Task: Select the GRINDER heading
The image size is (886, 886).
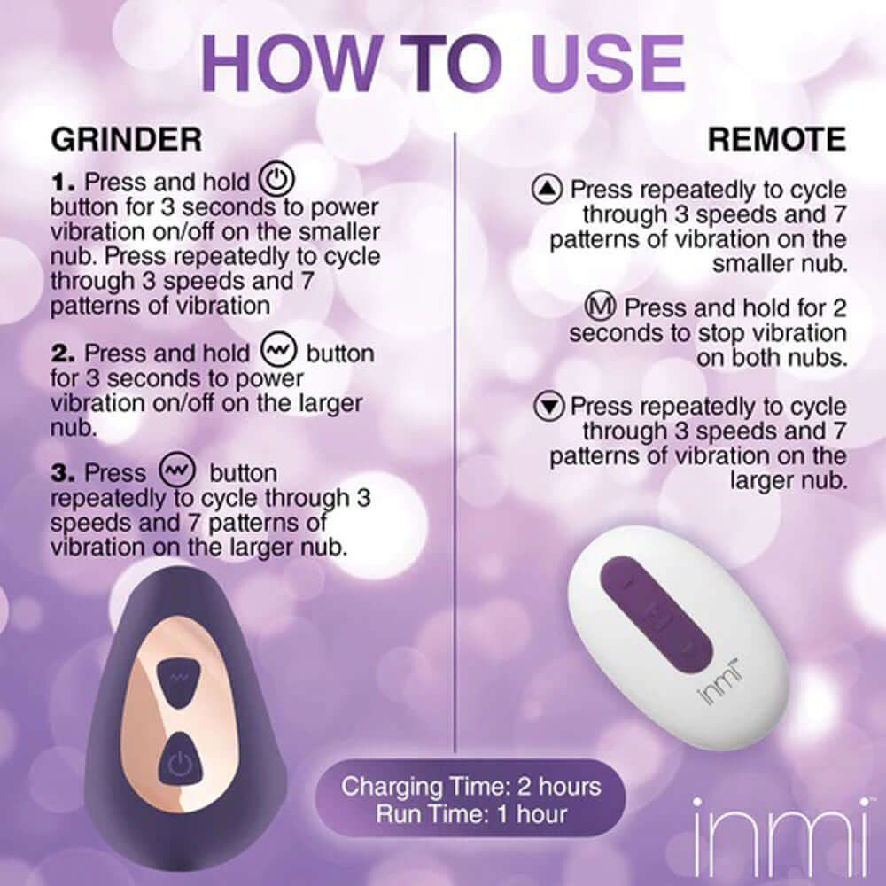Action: (126, 139)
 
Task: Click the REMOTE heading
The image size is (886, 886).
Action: (777, 139)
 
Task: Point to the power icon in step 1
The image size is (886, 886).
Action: (276, 182)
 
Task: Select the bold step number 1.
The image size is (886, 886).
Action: (65, 183)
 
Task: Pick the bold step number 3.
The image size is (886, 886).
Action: (65, 473)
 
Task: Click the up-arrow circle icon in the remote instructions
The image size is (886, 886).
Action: (548, 189)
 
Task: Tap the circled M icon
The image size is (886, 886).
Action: (601, 307)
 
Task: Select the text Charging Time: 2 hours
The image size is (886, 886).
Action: (470, 786)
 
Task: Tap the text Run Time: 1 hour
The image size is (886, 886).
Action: (470, 813)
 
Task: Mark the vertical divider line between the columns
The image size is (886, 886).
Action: (455, 443)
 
